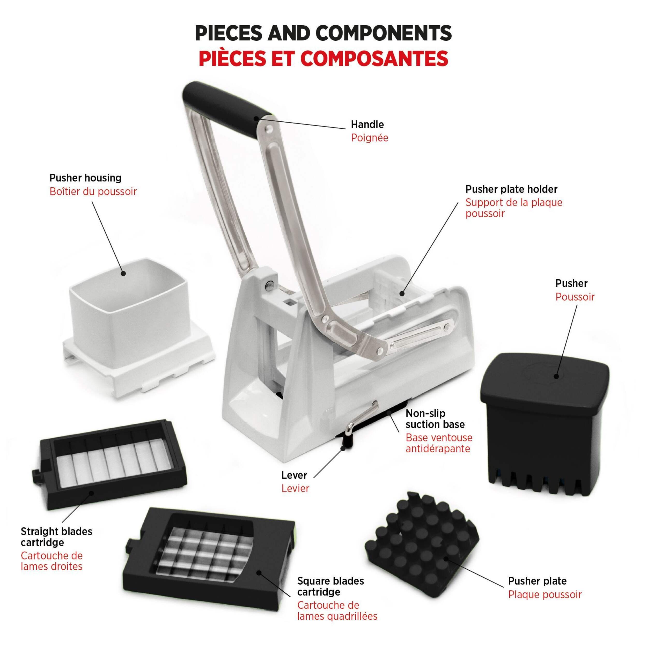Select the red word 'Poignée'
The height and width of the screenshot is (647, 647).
click(x=369, y=138)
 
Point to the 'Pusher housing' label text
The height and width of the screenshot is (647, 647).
click(x=85, y=178)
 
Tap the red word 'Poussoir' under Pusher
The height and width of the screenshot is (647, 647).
click(x=575, y=297)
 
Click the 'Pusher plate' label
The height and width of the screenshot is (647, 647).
click(x=537, y=581)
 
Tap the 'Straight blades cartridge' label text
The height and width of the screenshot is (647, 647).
click(x=56, y=536)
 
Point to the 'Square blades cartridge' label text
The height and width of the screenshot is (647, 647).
click(x=330, y=586)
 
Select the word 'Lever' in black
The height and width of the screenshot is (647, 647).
click(x=294, y=475)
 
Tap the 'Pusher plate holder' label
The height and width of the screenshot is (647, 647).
click(x=511, y=189)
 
